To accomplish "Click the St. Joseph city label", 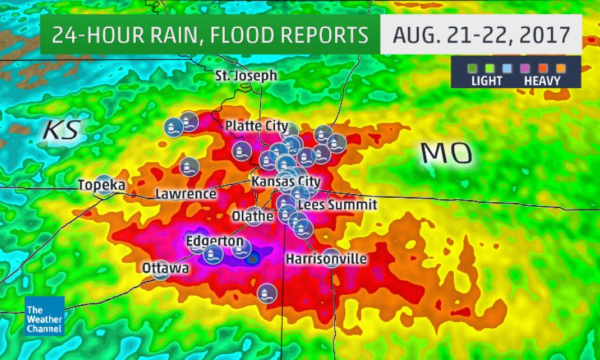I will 246,76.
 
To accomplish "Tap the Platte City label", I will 256,126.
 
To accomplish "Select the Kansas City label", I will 285,183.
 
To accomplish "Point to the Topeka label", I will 101,185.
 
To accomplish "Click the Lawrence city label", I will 186,193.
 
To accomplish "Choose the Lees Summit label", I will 337,205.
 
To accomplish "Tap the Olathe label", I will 253,216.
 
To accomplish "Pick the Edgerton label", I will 214,242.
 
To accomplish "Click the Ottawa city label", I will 165,268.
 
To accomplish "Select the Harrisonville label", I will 326,259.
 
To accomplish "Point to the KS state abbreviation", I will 61,130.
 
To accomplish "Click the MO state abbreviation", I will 447,154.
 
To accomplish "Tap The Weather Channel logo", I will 45,317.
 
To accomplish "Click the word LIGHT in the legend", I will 486,81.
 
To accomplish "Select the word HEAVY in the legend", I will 542,81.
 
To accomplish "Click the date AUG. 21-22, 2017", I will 481,34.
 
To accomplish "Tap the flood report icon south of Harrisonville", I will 266,293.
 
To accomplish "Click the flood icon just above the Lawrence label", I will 189,167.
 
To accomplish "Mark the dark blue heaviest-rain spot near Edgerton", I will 253,259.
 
